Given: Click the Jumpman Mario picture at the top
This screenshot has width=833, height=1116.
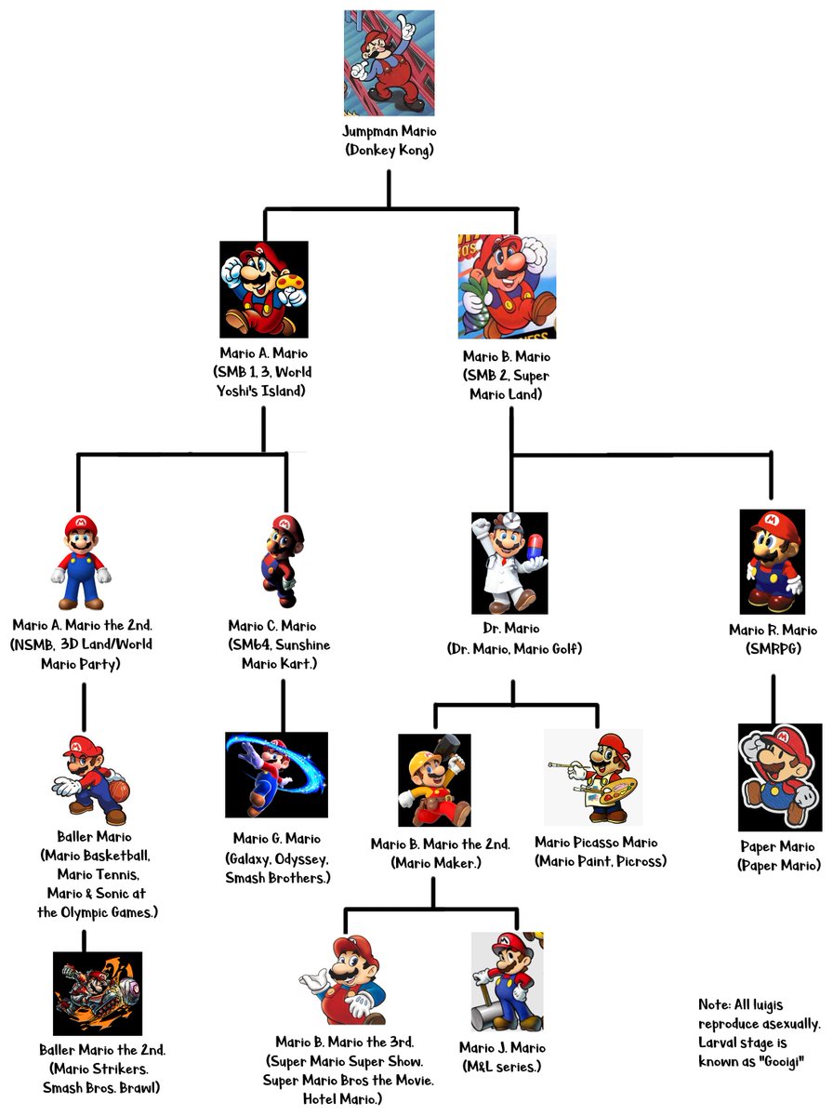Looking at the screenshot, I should (x=389, y=62).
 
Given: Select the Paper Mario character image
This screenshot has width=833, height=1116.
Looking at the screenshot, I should (x=780, y=777).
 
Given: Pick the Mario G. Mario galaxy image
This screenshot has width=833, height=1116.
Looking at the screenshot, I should (x=276, y=774).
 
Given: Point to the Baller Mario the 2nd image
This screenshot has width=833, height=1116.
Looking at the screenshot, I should (x=98, y=993).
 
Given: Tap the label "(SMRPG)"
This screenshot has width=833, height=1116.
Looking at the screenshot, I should (x=773, y=647).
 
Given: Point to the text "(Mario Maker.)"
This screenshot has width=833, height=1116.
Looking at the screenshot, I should (x=440, y=862).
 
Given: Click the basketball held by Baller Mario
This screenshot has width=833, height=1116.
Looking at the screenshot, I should (x=121, y=791).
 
